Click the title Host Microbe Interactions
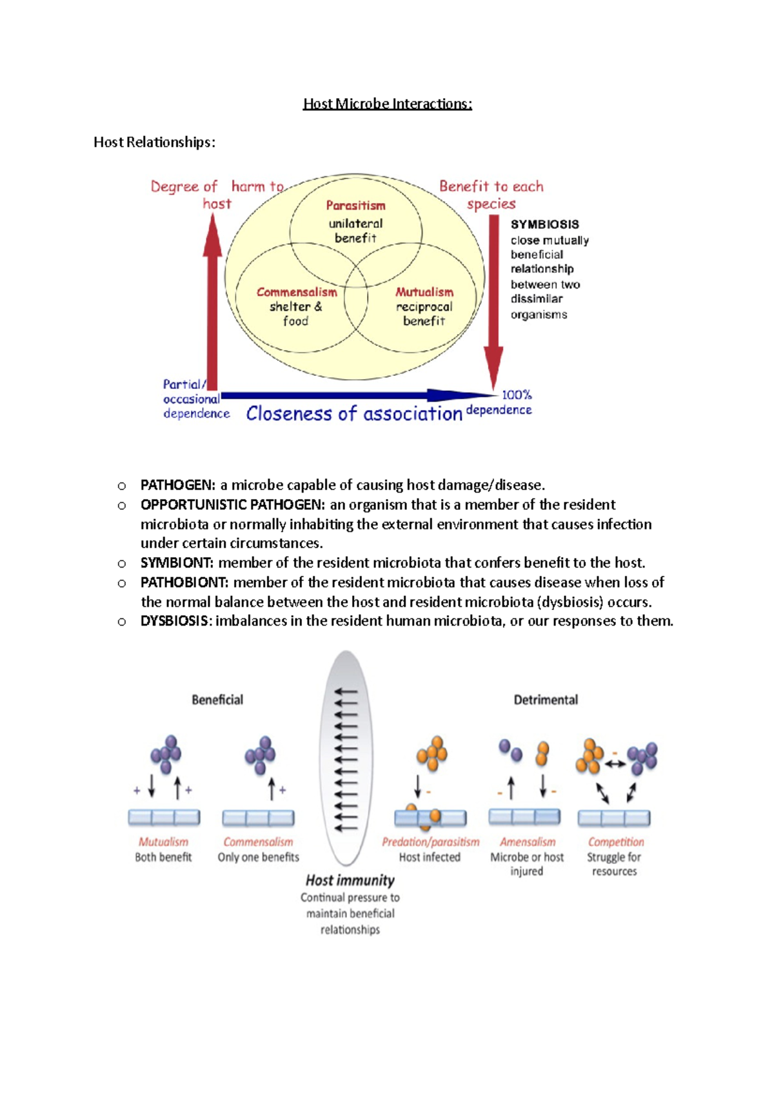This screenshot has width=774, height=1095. tap(387, 104)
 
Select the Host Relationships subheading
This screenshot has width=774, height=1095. tap(154, 142)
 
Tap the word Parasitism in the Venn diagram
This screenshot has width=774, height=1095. tap(355, 206)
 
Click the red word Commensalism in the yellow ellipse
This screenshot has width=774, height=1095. tap(297, 292)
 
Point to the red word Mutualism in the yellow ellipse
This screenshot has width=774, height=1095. tap(424, 292)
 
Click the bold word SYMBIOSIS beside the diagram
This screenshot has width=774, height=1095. tap(544, 224)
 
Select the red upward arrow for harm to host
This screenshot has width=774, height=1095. tap(212, 303)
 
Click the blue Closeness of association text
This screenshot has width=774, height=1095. tap(354, 413)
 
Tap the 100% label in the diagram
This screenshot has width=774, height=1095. tap(517, 395)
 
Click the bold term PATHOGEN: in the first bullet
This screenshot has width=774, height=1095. tap(177, 485)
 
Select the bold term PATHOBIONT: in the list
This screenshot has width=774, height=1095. tap(184, 582)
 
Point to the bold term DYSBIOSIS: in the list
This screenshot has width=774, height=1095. tap(175, 621)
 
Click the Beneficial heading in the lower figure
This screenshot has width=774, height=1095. tap(217, 700)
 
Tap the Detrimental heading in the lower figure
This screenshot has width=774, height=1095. tap(546, 700)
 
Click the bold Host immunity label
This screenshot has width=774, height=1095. tap(350, 880)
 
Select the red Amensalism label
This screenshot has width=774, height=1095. tap(528, 842)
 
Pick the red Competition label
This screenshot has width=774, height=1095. tap(615, 842)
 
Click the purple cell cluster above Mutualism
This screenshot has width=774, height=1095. tap(166, 754)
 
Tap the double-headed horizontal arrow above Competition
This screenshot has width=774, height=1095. tap(615, 764)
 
